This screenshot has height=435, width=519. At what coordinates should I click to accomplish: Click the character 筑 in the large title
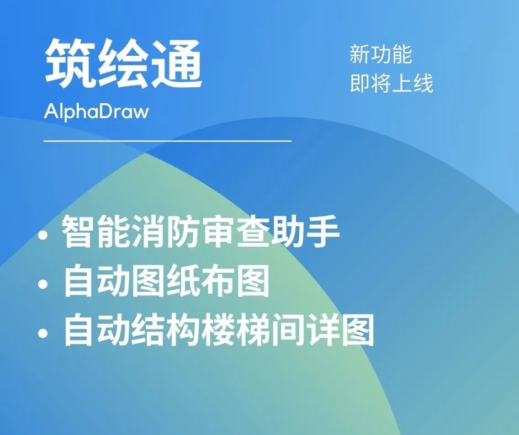point(70,63)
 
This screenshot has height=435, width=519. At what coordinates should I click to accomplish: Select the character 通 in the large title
point(177,63)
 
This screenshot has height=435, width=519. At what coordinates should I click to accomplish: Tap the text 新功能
point(380,54)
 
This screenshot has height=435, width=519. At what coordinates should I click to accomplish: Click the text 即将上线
point(391,83)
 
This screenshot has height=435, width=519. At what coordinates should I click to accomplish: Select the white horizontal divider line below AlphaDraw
point(167,141)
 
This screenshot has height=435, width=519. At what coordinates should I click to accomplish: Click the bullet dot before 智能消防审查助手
point(43,235)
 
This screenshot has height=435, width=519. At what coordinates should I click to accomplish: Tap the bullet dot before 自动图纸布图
point(43,285)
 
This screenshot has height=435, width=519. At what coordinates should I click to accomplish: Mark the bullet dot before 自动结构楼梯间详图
point(43,333)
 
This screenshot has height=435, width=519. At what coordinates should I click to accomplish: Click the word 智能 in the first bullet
point(96,231)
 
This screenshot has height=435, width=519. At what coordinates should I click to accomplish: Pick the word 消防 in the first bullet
point(165,231)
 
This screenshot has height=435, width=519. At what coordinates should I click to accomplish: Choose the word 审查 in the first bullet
point(235,231)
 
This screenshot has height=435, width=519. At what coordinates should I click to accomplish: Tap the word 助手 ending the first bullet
point(305,231)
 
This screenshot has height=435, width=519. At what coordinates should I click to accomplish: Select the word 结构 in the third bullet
point(165,330)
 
